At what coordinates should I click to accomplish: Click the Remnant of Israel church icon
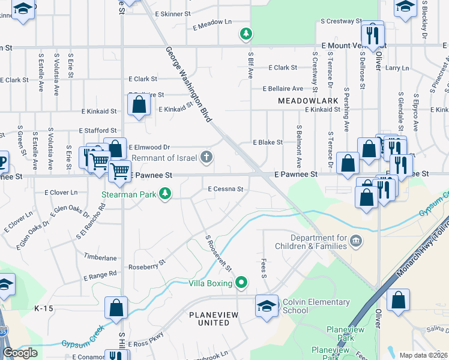tap(206, 158)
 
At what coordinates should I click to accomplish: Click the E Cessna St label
tap(225, 189)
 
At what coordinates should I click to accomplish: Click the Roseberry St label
tap(146, 265)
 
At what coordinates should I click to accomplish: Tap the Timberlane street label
tap(100, 257)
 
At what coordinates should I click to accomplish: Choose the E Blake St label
tap(268, 142)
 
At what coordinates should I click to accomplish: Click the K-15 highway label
tap(44, 308)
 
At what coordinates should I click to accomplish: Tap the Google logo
tap(20, 353)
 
